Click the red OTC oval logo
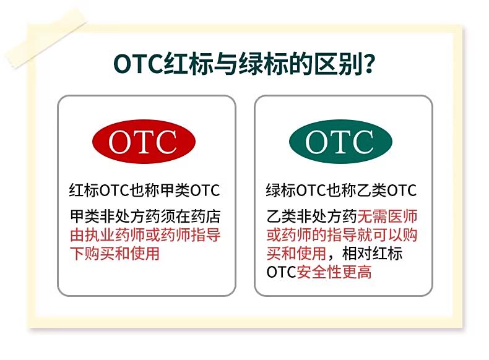144,142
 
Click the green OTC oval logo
340,142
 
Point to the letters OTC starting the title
138,64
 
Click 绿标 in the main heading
264,64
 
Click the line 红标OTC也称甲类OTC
144,190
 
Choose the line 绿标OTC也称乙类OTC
341,190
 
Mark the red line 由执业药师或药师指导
145,235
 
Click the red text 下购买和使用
115,254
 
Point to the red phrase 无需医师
387,216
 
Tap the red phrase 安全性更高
334,272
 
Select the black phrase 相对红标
372,254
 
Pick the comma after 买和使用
331,257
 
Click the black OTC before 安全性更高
281,272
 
